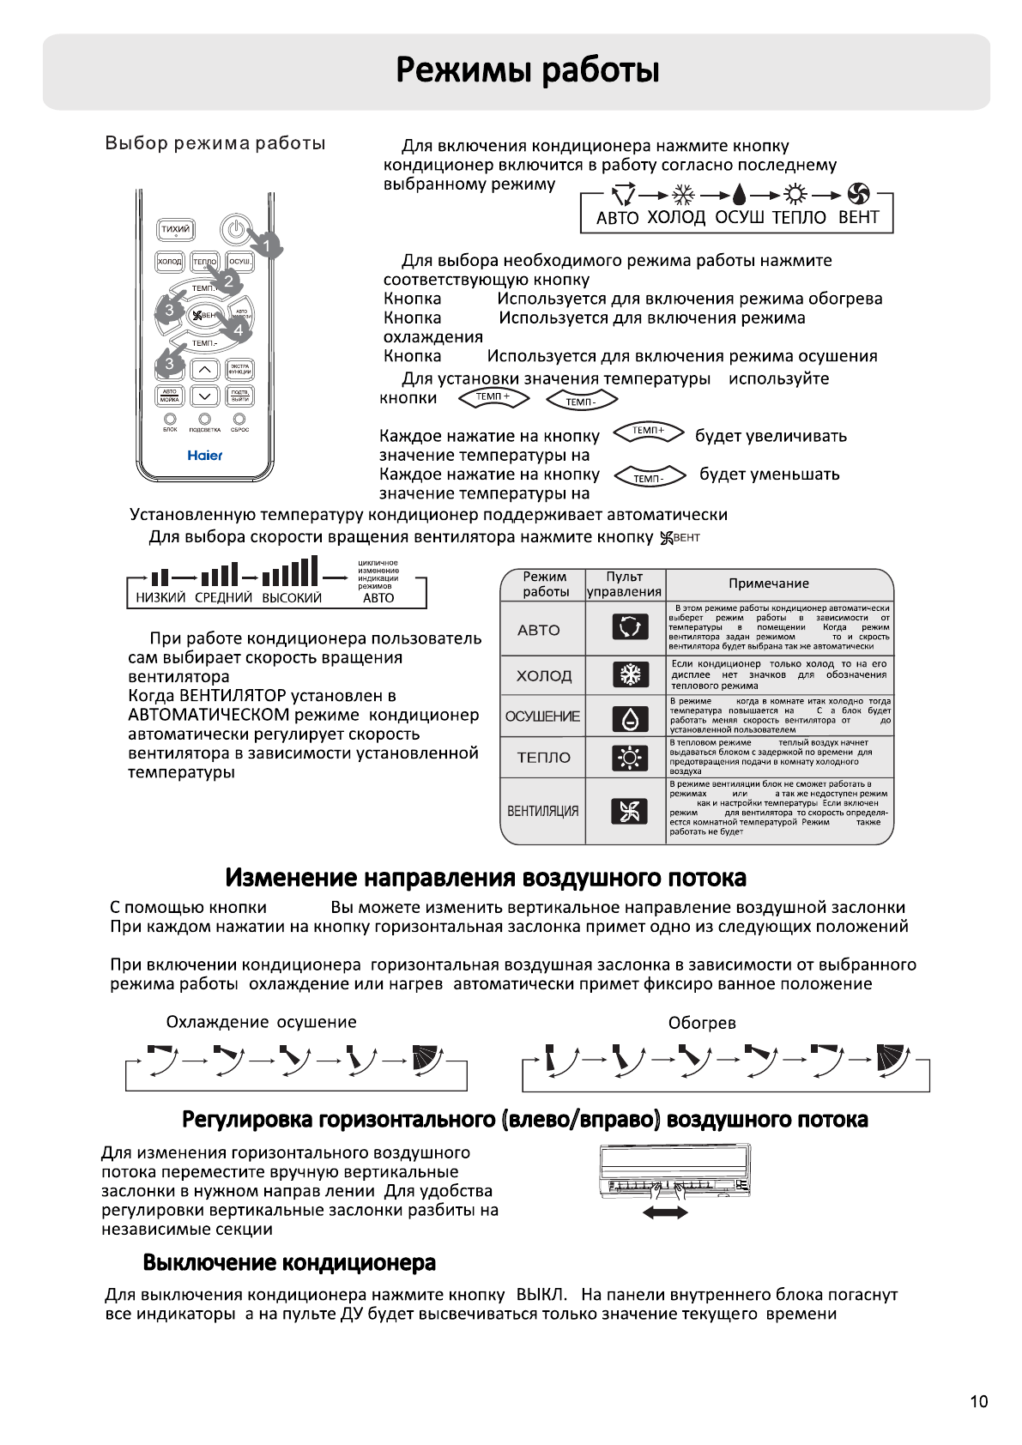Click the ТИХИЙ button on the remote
pyautogui.click(x=175, y=230)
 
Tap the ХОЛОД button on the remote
pyautogui.click(x=170, y=261)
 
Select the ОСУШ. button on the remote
pyautogui.click(x=240, y=261)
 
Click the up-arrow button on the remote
pyautogui.click(x=204, y=370)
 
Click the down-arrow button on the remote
pyautogui.click(x=204, y=396)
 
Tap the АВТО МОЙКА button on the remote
pyautogui.click(x=169, y=396)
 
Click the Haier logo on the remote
pyautogui.click(x=205, y=456)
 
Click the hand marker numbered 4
pyautogui.click(x=237, y=328)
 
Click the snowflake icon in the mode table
pyautogui.click(x=629, y=674)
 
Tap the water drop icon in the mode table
pyautogui.click(x=629, y=718)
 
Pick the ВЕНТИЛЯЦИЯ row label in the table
pyautogui.click(x=542, y=811)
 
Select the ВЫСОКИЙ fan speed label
pyautogui.click(x=292, y=598)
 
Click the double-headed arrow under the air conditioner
pyautogui.click(x=665, y=1212)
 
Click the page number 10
pyautogui.click(x=978, y=1401)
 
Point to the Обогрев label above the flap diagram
pyautogui.click(x=702, y=1023)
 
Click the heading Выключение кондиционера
pyautogui.click(x=289, y=1262)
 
